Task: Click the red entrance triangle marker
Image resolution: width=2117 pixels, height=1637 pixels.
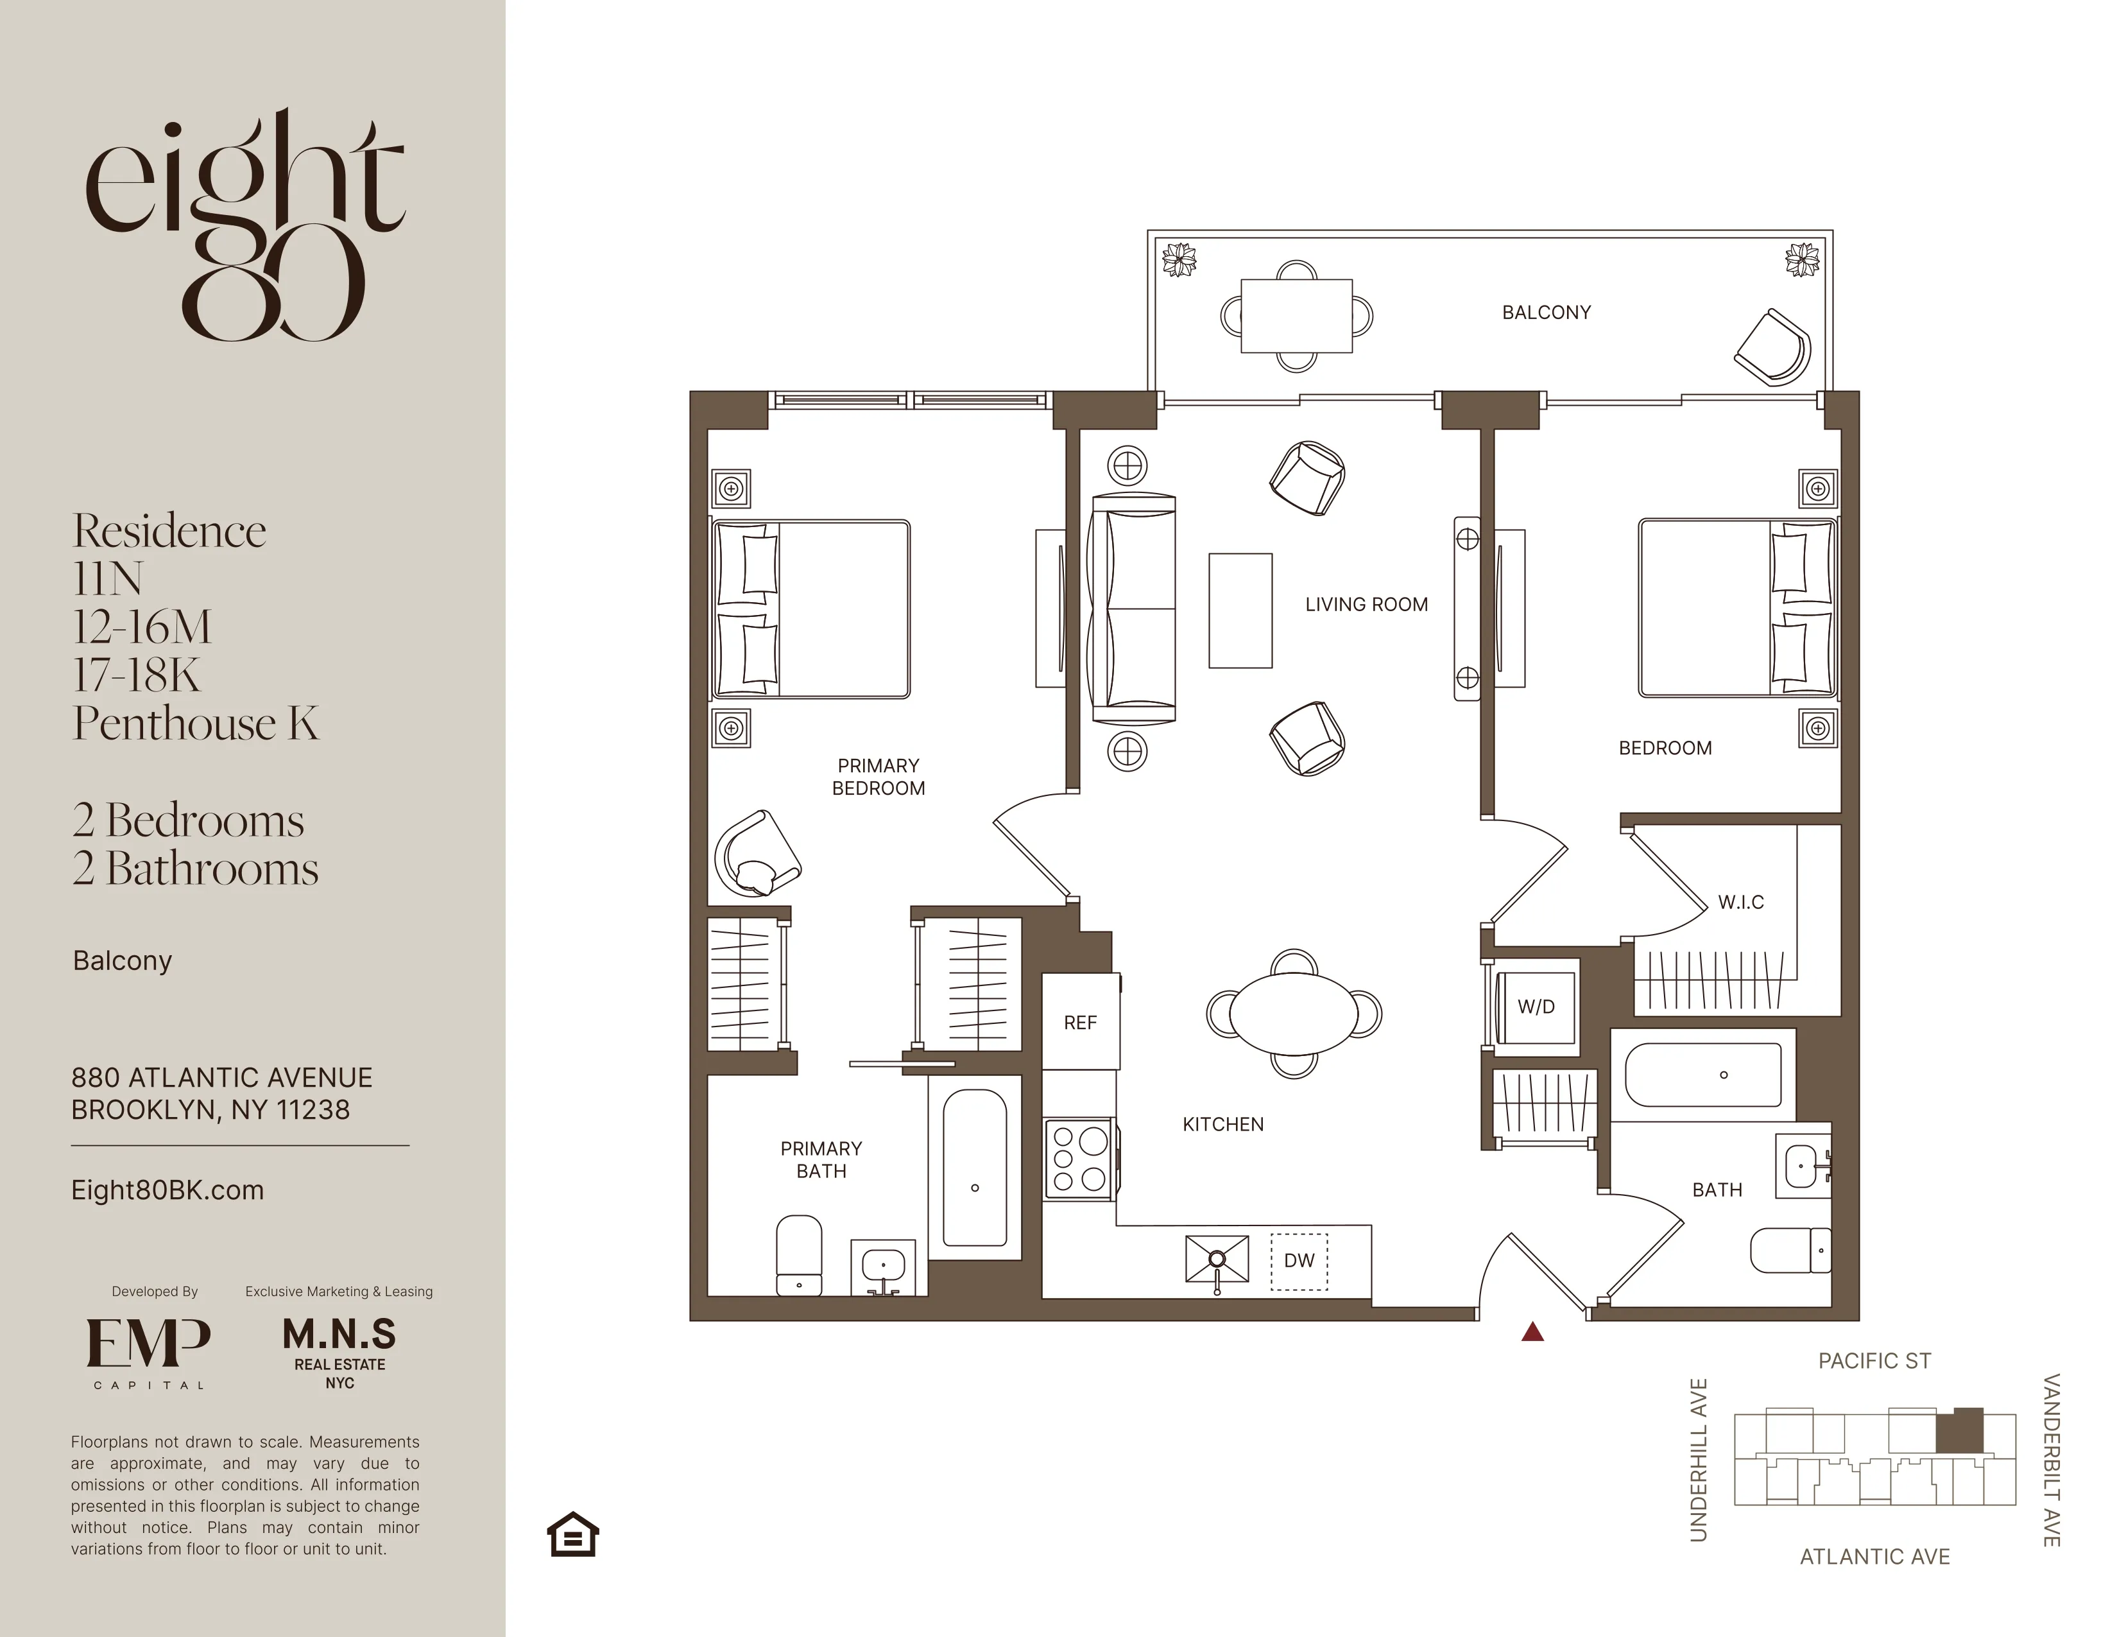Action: (x=1532, y=1333)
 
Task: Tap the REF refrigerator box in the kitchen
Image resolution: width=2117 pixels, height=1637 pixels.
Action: (x=1081, y=1022)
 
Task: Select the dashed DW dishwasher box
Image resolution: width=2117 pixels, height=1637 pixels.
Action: (x=1299, y=1261)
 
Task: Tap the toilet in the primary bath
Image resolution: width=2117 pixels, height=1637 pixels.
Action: (x=799, y=1255)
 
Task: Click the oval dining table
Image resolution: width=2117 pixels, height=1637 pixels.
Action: (x=1294, y=1014)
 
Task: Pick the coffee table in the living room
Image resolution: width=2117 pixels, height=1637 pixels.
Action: (x=1240, y=611)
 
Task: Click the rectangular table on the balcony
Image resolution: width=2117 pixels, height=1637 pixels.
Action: (x=1296, y=315)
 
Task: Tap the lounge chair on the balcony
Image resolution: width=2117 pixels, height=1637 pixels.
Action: (x=1773, y=348)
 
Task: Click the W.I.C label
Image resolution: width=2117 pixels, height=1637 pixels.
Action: (x=1741, y=903)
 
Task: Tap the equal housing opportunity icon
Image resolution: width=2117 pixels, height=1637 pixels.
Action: (x=573, y=1534)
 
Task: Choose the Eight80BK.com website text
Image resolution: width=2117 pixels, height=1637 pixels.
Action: (x=167, y=1191)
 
